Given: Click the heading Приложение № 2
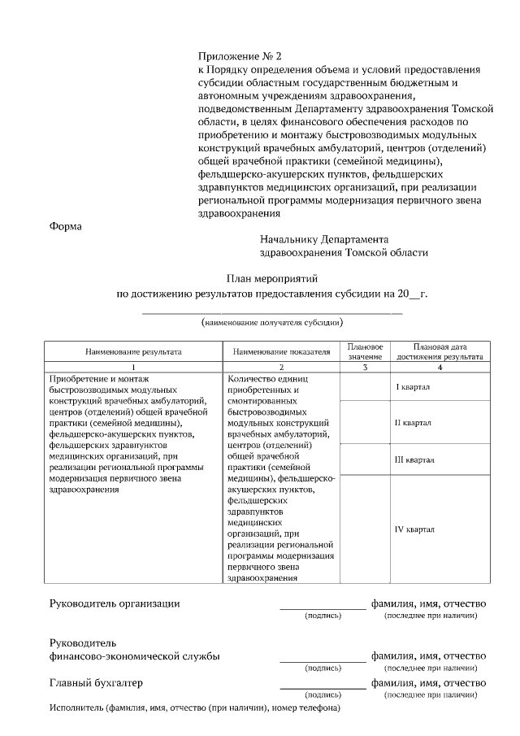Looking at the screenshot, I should pyautogui.click(x=239, y=56).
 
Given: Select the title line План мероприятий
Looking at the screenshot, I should pyautogui.click(x=271, y=278).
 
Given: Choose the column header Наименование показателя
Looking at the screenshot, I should pyautogui.click(x=281, y=352).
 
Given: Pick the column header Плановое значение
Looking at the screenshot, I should pyautogui.click(x=365, y=351).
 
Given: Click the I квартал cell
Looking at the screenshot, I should pyautogui.click(x=413, y=386).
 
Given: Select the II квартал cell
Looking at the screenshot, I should pyautogui.click(x=413, y=423).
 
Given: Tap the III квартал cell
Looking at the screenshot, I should pyautogui.click(x=414, y=459).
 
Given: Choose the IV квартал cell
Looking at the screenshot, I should pyautogui.click(x=414, y=529).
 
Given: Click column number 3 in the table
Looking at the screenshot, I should pyautogui.click(x=365, y=368).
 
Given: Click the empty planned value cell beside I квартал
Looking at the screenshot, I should pyautogui.click(x=365, y=386).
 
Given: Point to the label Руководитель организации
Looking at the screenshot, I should pyautogui.click(x=115, y=603).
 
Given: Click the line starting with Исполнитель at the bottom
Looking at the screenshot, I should pyautogui.click(x=194, y=708).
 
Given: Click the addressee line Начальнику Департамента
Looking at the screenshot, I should pyautogui.click(x=324, y=240).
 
